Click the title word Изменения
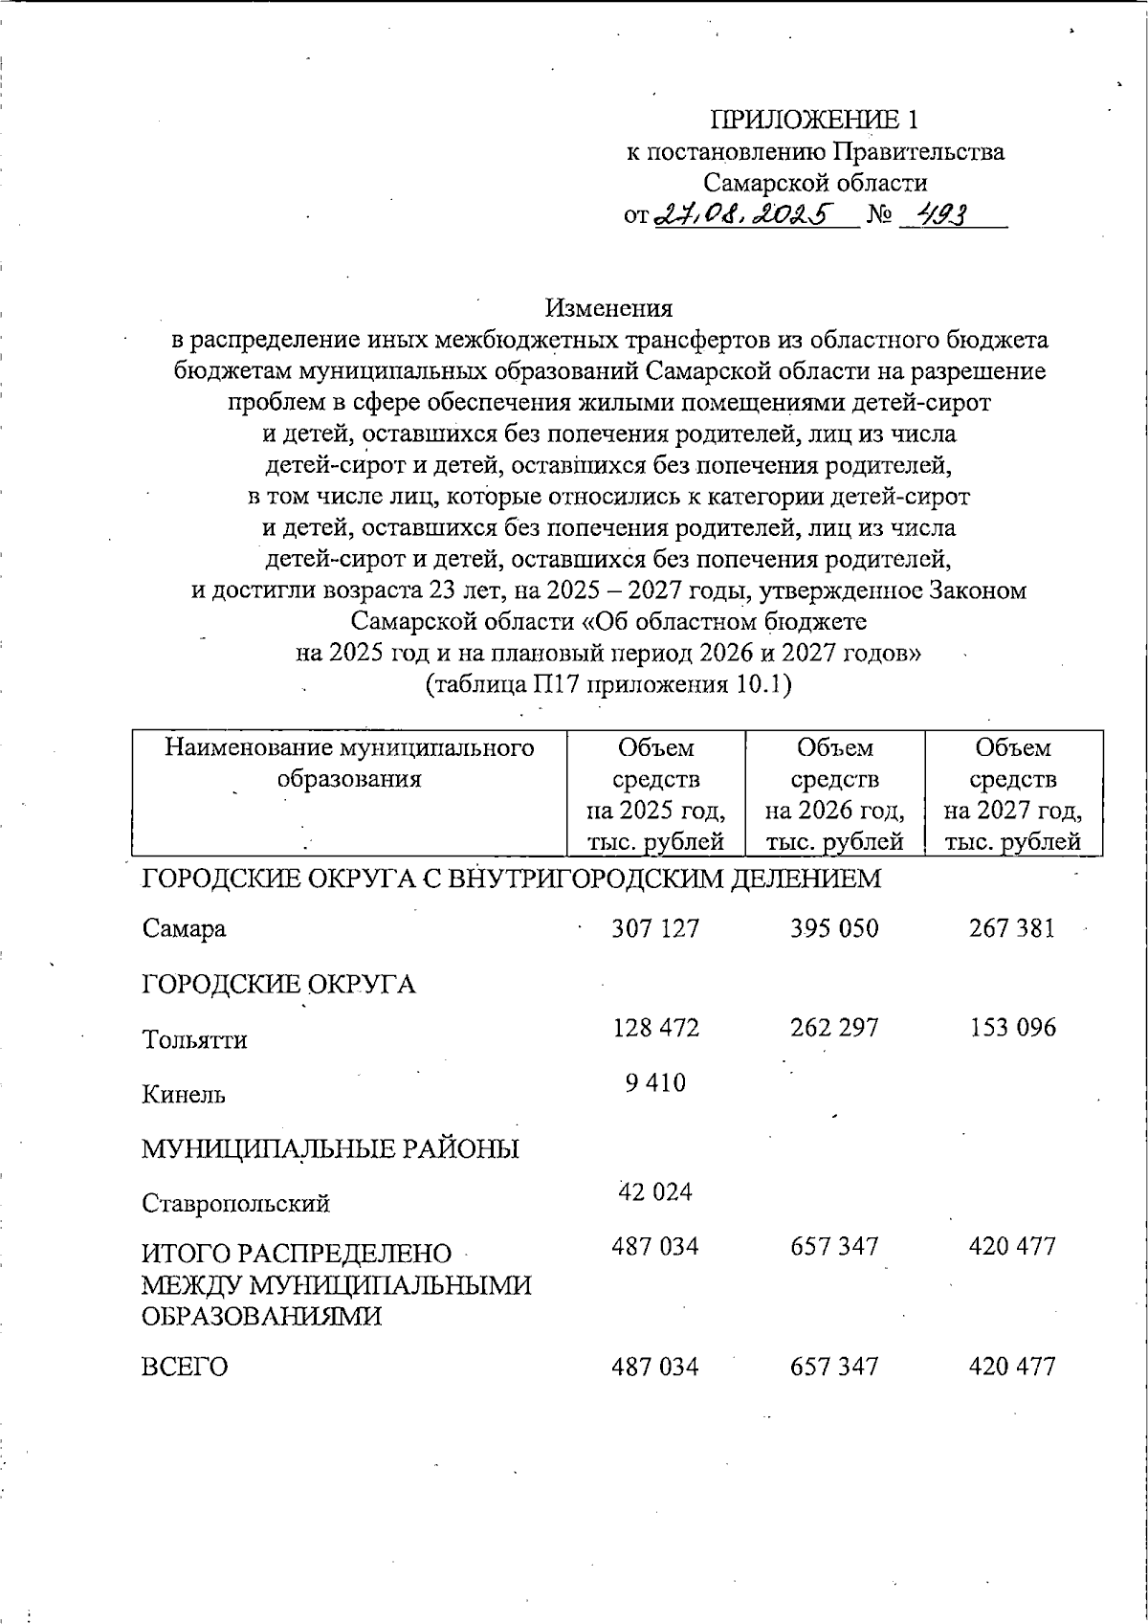coord(608,308)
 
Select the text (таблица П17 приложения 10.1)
coord(608,685)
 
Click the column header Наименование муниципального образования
coord(349,763)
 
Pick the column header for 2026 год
coord(834,793)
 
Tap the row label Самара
coord(185,929)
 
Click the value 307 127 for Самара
coord(655,928)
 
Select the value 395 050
coord(834,928)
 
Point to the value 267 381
coord(1012,928)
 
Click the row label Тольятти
coord(195,1040)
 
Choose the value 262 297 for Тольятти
coord(834,1028)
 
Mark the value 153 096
coord(1012,1028)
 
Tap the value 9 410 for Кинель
coord(655,1083)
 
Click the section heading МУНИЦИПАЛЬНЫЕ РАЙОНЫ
coord(330,1148)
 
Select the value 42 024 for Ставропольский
coord(655,1192)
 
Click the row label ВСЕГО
coord(186,1367)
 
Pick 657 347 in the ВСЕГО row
coord(834,1367)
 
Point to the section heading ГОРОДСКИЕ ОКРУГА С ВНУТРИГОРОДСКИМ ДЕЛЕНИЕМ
coord(511,878)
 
